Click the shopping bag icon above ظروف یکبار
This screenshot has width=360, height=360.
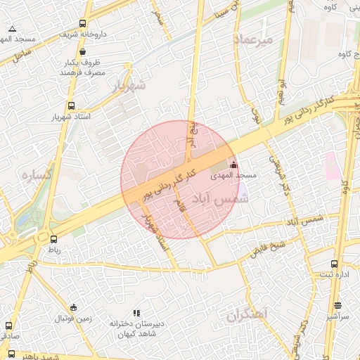[x=83, y=51]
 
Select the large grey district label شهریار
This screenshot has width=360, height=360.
[x=129, y=86]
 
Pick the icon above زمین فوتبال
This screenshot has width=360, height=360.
[x=73, y=307]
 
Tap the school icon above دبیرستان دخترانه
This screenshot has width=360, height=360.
[x=136, y=313]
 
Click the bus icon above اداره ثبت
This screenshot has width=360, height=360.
[x=334, y=264]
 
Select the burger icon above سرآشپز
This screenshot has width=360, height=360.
[x=338, y=306]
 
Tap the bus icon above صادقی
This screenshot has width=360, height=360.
[x=8, y=326]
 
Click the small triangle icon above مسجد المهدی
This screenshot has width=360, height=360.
[x=12, y=29]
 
